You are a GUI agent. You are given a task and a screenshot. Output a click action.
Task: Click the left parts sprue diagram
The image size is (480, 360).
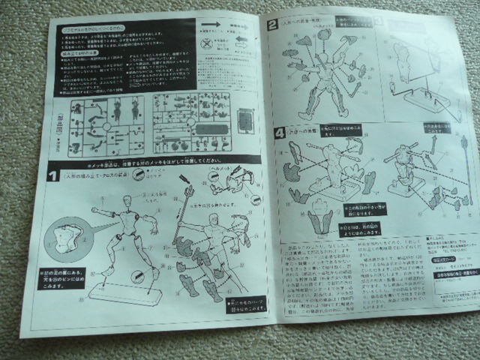tap(109, 124)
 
